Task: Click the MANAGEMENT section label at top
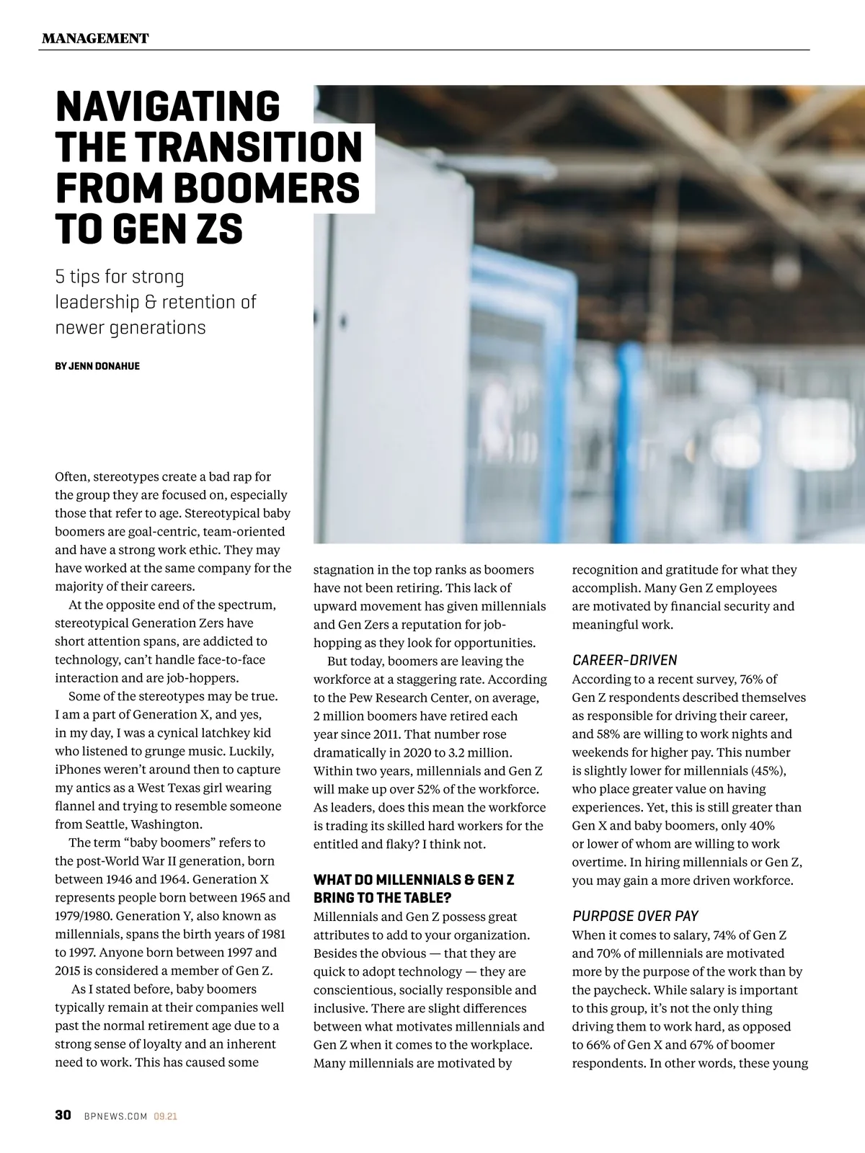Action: coord(95,38)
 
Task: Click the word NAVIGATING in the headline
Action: coord(167,107)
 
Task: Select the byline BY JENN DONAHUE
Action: coord(97,366)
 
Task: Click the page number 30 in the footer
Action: coord(63,1116)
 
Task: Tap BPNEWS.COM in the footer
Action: coord(115,1116)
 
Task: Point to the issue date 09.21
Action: coord(166,1116)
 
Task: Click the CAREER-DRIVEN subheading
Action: coord(625,660)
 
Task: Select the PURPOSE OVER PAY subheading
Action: coord(635,916)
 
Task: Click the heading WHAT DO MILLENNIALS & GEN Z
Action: coord(414,880)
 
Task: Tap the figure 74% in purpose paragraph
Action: coord(727,935)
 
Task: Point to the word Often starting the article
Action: coord(72,477)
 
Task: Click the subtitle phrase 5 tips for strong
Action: coord(120,277)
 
